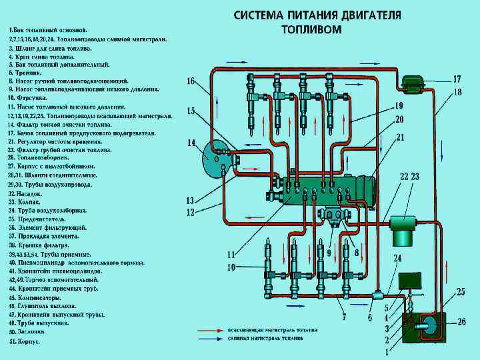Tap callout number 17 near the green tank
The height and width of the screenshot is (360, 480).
pyautogui.click(x=457, y=79)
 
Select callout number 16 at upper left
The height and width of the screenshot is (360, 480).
pyautogui.click(x=191, y=81)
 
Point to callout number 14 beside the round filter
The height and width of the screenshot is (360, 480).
pyautogui.click(x=191, y=143)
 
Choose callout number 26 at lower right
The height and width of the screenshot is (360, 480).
pyautogui.click(x=461, y=321)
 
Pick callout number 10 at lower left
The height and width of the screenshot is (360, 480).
pyautogui.click(x=231, y=267)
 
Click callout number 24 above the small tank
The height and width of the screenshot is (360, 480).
pyautogui.click(x=397, y=258)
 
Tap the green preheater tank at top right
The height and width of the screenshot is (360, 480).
pyautogui.click(x=413, y=83)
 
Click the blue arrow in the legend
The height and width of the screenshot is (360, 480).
pyautogui.click(x=207, y=339)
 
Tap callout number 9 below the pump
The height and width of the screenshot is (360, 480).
pyautogui.click(x=329, y=253)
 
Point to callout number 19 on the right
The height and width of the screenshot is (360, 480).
pyautogui.click(x=399, y=105)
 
